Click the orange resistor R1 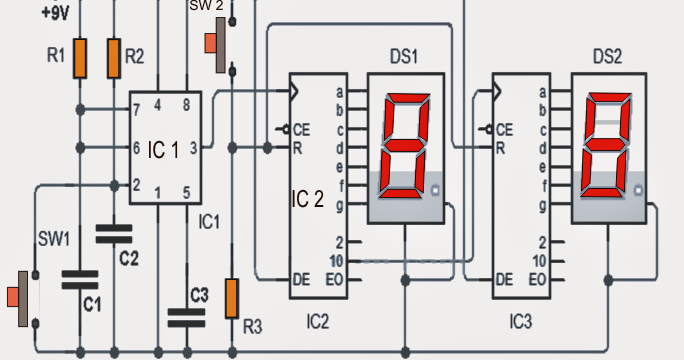tap(80, 60)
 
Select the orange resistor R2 tap(114, 60)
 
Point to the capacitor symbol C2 tap(114, 234)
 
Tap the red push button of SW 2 tap(210, 43)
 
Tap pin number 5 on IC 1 tap(187, 192)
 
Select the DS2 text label tap(606, 58)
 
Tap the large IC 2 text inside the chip tap(307, 197)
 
